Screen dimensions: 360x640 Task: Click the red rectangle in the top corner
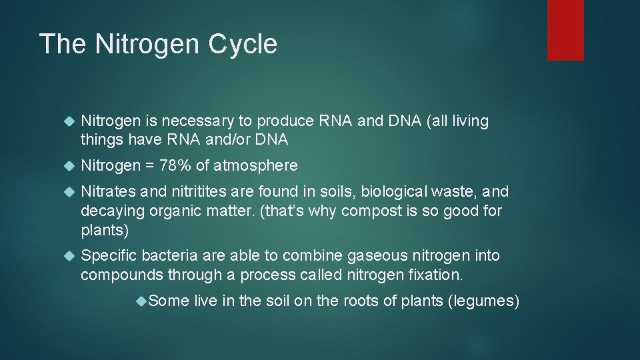[x=565, y=30]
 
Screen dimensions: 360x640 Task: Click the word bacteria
[x=167, y=255]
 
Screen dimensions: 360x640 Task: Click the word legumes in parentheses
[x=483, y=301]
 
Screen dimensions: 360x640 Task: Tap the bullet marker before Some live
[x=141, y=301]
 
